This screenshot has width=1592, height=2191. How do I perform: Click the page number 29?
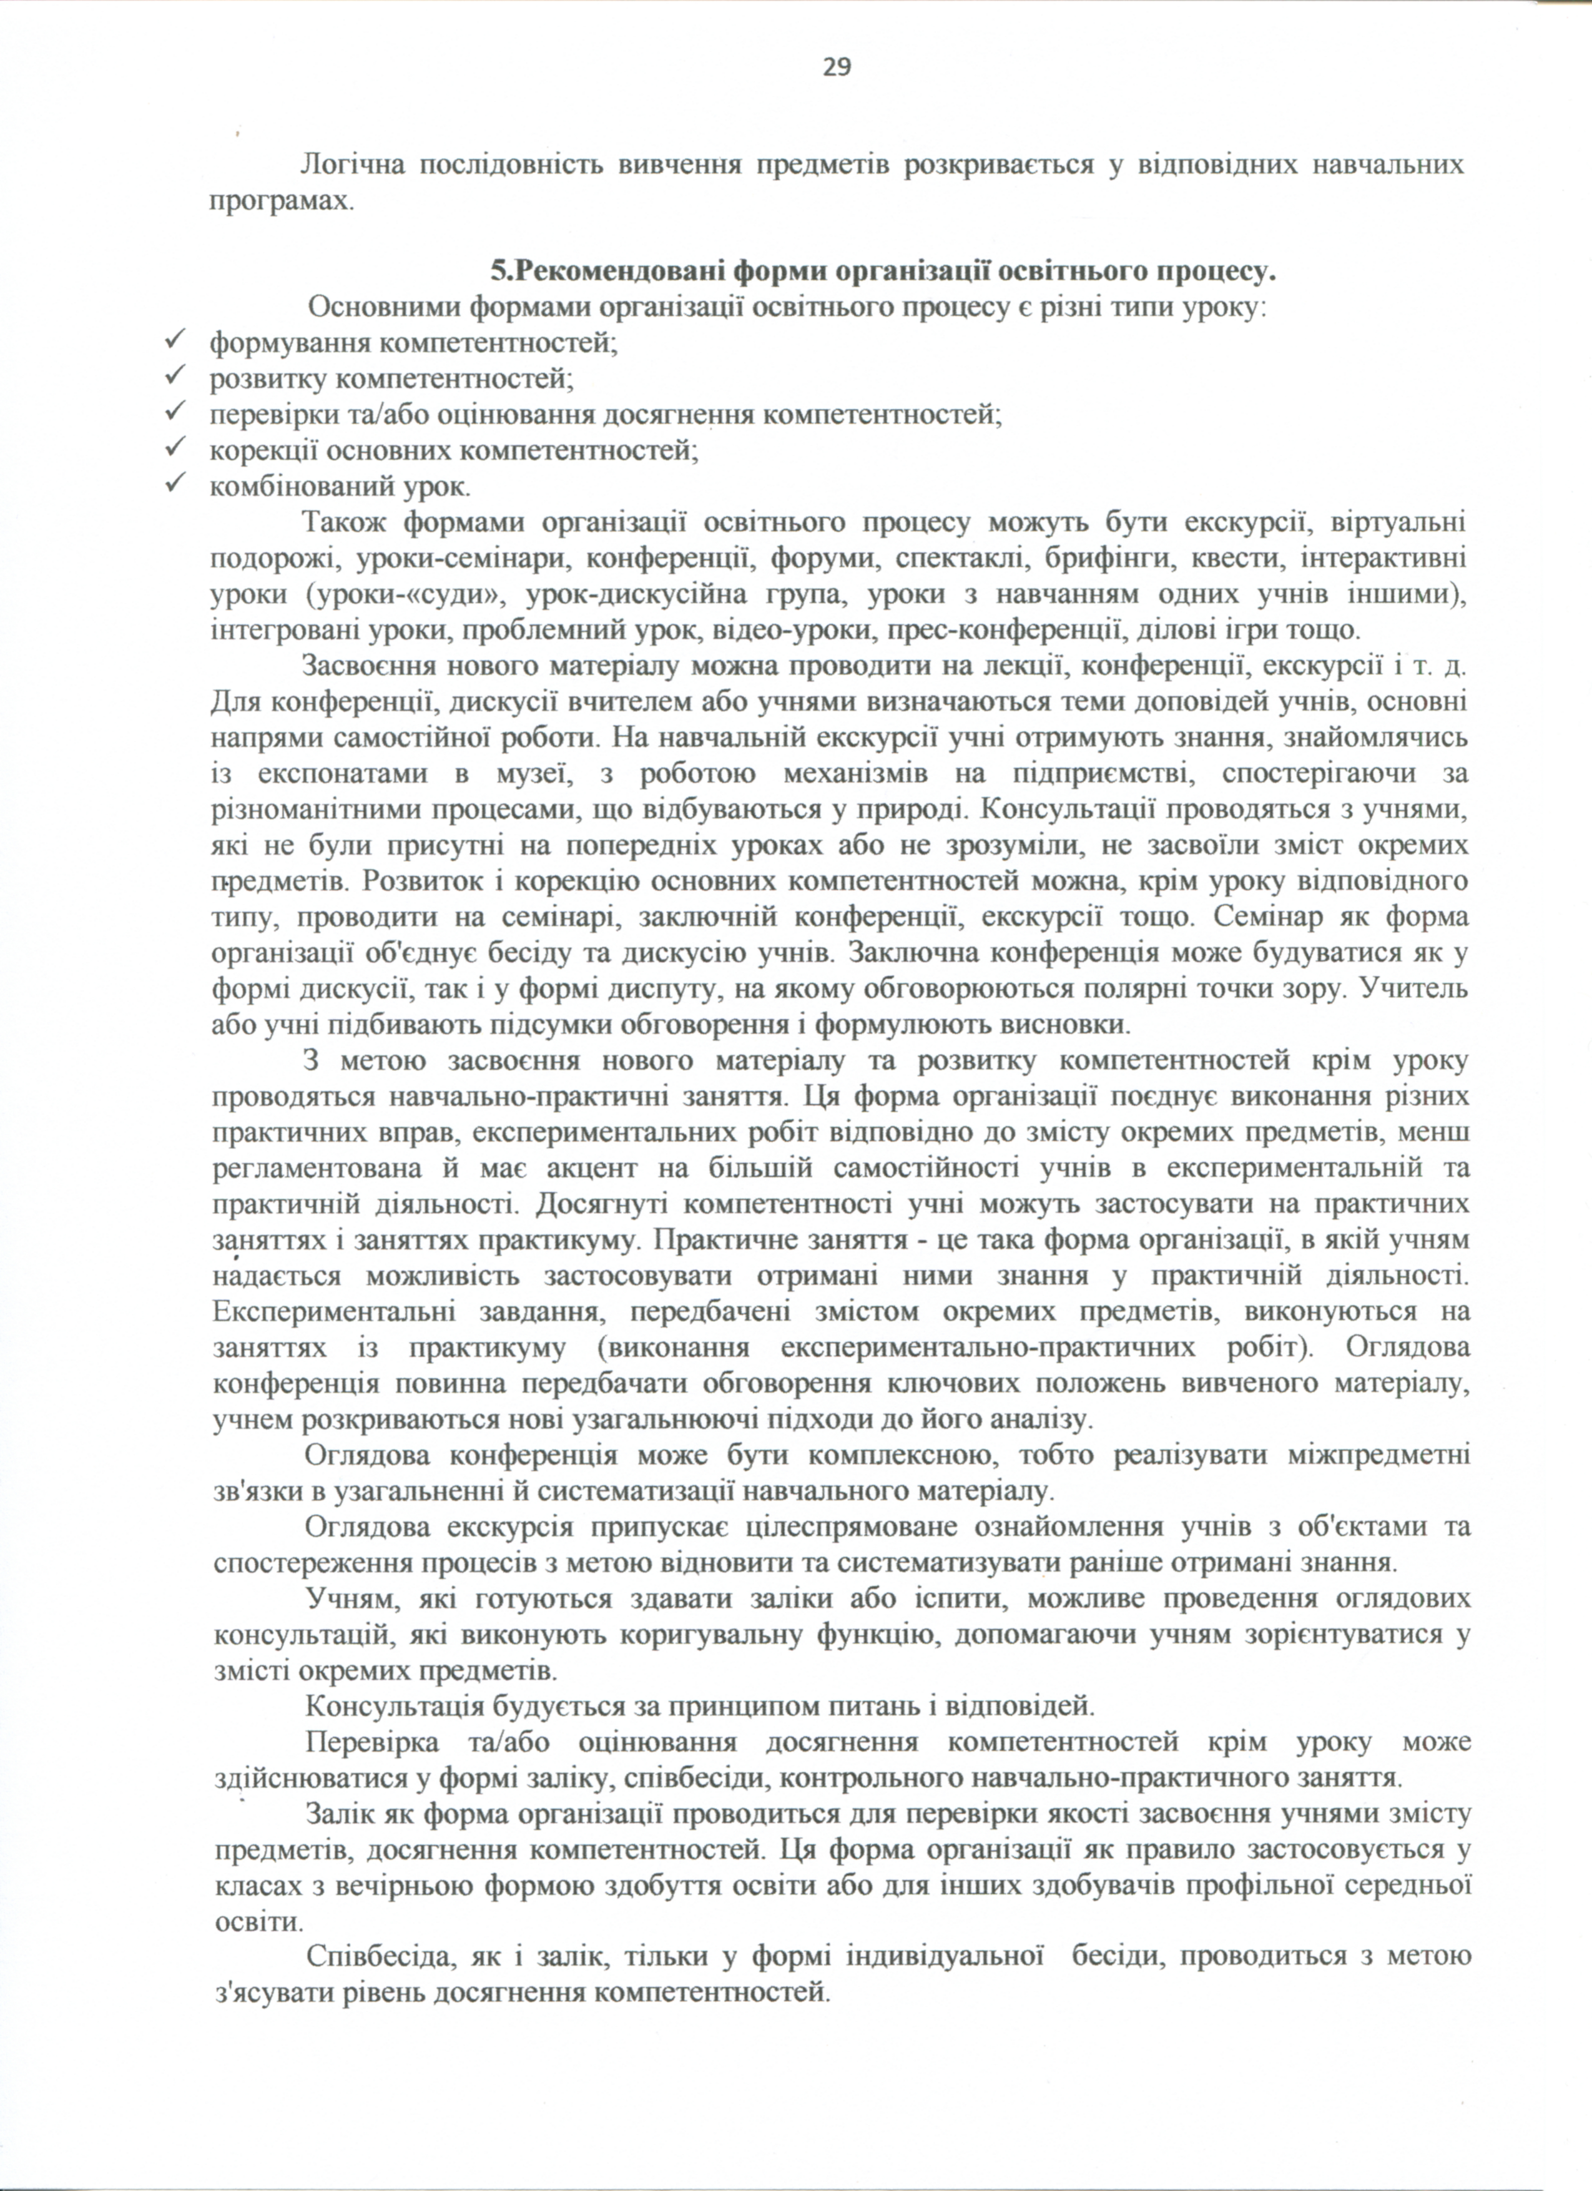point(837,67)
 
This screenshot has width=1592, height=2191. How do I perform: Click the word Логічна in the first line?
point(350,166)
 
